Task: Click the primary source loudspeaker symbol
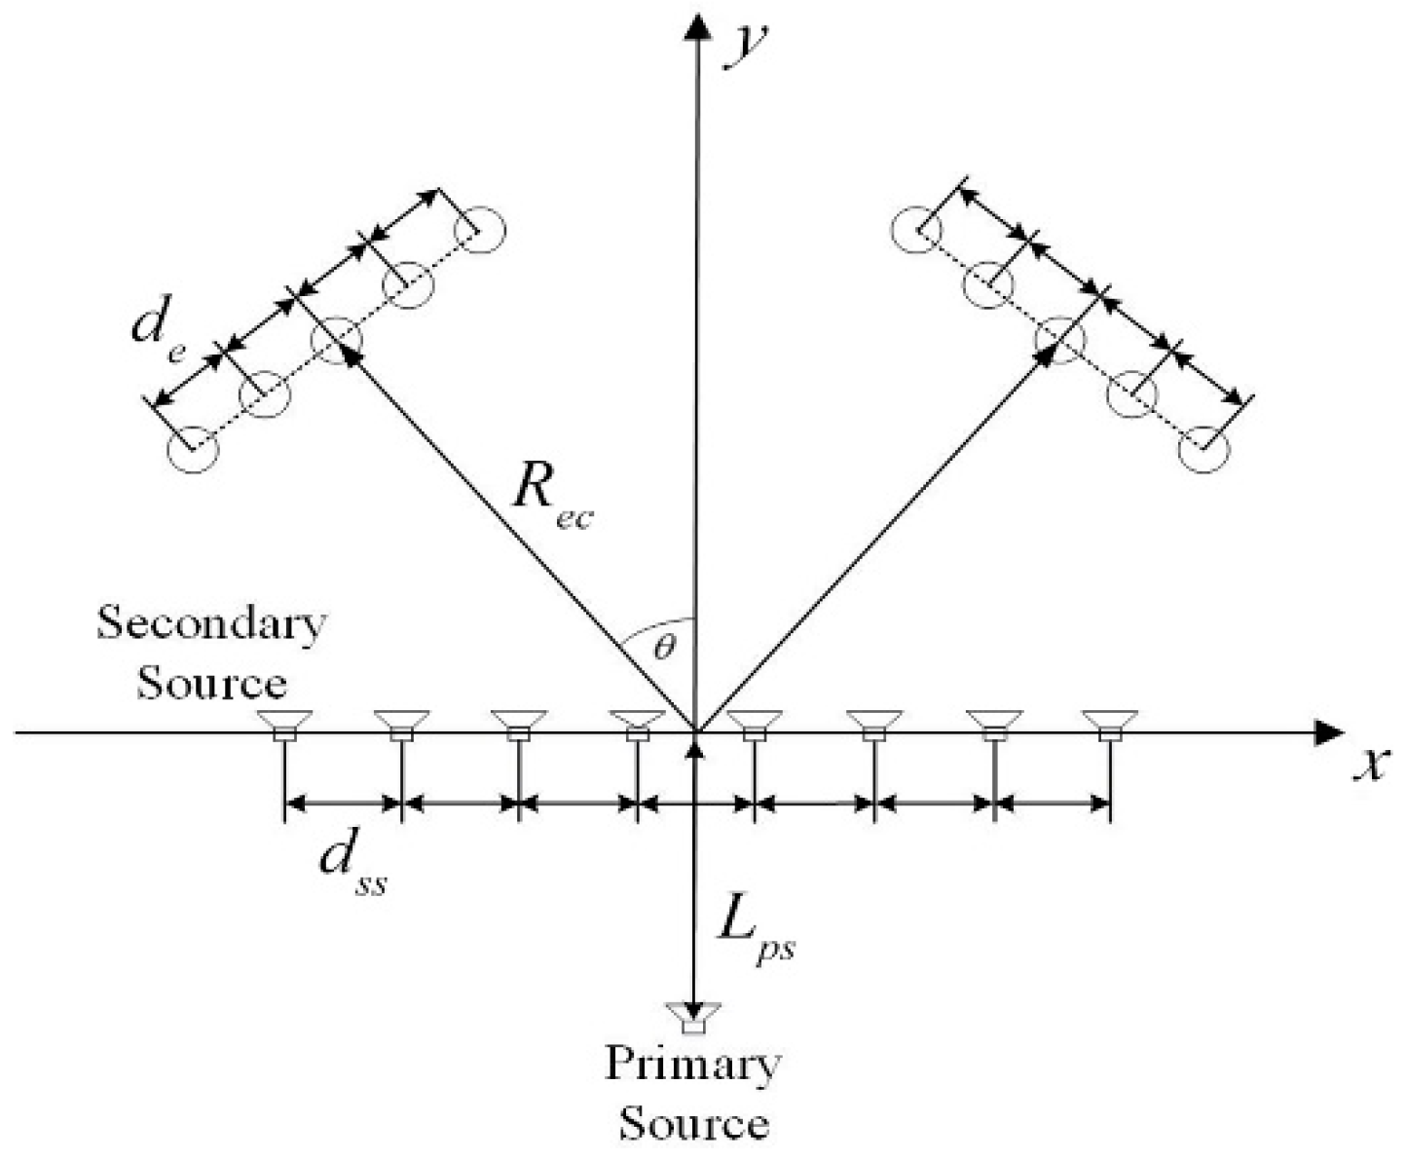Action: coord(692,1017)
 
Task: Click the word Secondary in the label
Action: coord(211,623)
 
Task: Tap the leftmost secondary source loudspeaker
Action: coord(284,725)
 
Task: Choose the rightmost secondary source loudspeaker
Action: coord(1109,725)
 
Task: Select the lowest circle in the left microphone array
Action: coord(193,450)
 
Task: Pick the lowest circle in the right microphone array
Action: coord(1204,450)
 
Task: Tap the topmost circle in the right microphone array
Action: coord(916,231)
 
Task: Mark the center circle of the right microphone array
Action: coord(1059,340)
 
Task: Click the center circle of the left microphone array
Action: coord(336,340)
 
